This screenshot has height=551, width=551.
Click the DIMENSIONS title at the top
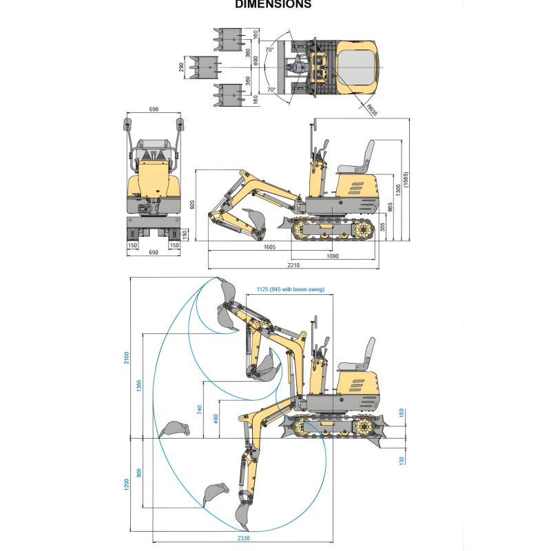[273, 4]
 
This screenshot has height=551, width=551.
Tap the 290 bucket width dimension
[181, 67]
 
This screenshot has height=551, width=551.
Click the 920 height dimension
[192, 204]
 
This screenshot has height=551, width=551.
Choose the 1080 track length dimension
[332, 256]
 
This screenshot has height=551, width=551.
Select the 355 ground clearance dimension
[382, 227]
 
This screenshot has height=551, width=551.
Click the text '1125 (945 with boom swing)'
[289, 289]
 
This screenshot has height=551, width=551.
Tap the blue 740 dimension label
[200, 409]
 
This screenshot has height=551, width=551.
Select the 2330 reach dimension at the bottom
[242, 538]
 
